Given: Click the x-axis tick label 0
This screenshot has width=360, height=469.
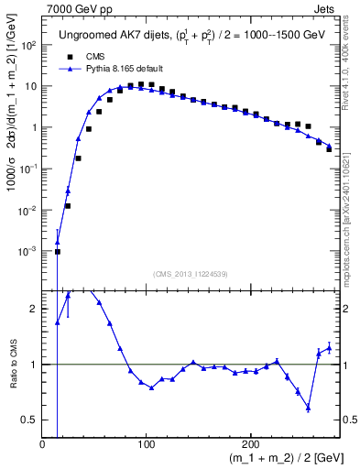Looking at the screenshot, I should (x=42, y=444).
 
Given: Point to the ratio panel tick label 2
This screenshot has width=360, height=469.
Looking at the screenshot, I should (x=34, y=309).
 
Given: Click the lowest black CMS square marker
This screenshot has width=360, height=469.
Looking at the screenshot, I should (x=58, y=251).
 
